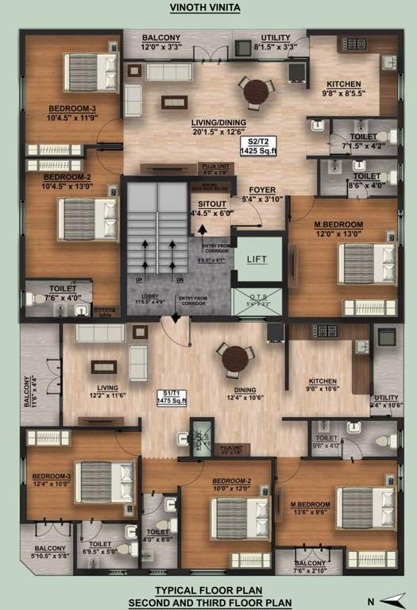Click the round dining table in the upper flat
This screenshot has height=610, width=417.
257,93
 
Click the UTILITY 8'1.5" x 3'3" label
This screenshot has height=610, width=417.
276,42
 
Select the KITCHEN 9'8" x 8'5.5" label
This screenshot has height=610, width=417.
344,88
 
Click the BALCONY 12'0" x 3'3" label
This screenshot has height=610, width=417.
161,42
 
